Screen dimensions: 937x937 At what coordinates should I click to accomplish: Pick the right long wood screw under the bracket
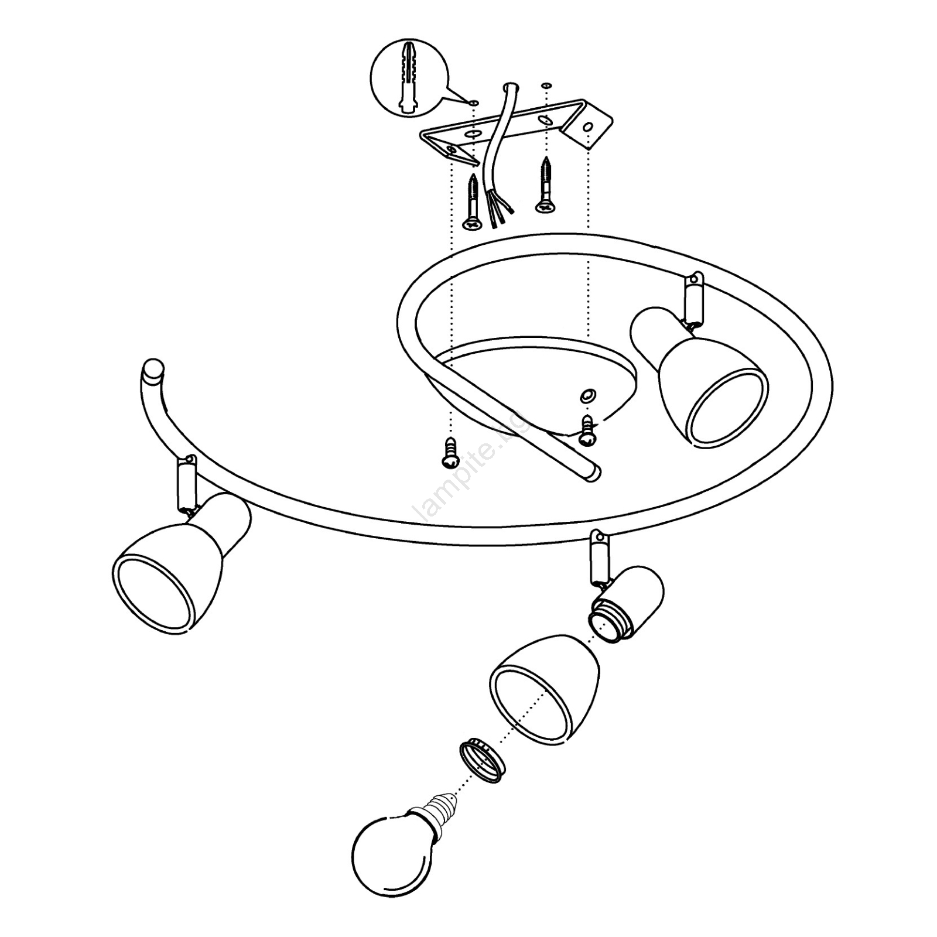coord(546,184)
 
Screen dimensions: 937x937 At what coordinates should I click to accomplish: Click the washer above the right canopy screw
coord(586,396)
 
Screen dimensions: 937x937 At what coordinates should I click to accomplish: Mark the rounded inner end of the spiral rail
coord(593,472)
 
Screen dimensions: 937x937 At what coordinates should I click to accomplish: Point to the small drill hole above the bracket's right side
coord(546,86)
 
